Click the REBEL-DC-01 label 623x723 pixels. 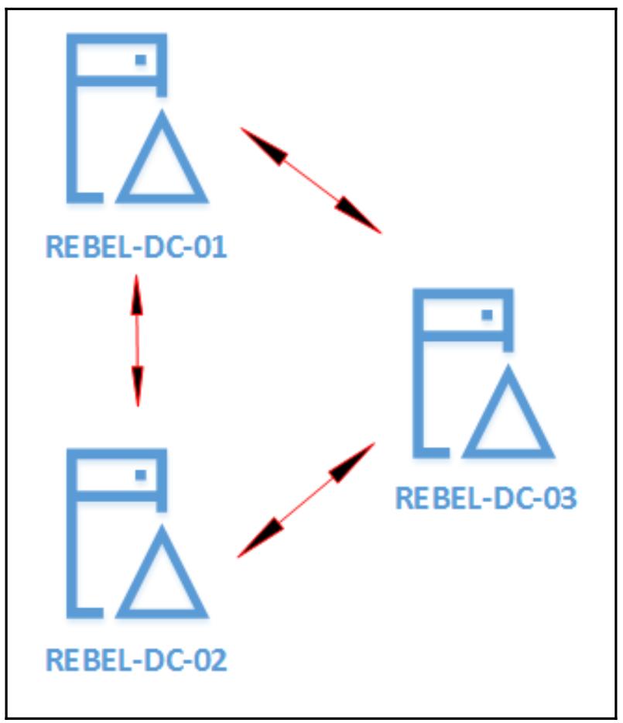[136, 248]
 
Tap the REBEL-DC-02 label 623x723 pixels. [136, 660]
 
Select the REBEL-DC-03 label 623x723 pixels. [486, 498]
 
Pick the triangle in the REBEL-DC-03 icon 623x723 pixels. [511, 419]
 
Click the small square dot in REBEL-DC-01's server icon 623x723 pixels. [141, 60]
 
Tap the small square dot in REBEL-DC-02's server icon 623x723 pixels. [141, 474]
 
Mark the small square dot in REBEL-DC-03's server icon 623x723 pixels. [488, 315]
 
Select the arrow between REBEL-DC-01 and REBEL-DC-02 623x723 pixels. [137, 341]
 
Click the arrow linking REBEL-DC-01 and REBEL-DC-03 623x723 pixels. [311, 180]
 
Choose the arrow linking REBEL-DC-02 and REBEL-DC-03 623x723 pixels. [306, 500]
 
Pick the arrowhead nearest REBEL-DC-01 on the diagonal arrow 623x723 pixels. [263, 144]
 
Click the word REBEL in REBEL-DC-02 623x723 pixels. [79, 660]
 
